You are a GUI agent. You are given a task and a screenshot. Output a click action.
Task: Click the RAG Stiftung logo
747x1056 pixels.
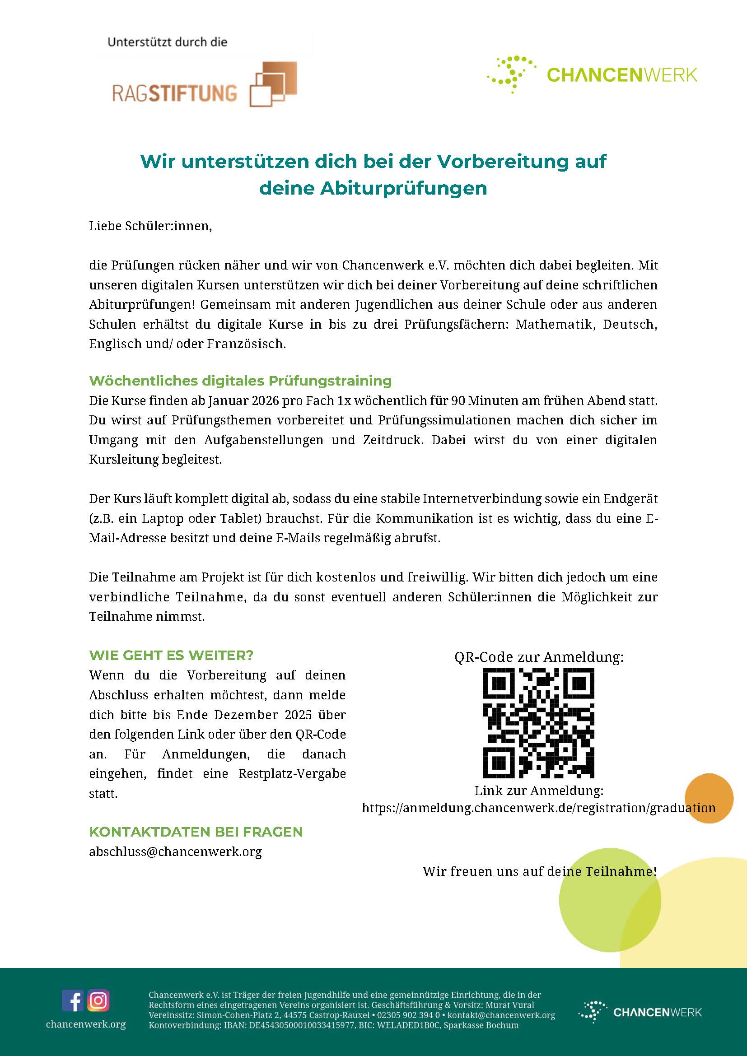pos(204,85)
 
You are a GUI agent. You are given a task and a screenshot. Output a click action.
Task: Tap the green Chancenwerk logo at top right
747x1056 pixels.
pos(592,74)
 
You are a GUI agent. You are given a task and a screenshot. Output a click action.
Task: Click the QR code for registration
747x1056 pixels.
pos(538,723)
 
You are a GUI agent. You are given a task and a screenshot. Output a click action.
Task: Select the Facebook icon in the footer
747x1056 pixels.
pos(73,1000)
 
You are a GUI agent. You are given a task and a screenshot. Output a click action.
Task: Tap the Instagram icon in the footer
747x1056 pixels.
pos(98,1000)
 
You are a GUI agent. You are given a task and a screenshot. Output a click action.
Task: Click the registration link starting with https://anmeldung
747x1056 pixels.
pos(538,808)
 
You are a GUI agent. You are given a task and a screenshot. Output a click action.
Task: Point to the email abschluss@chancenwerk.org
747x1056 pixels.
pos(175,852)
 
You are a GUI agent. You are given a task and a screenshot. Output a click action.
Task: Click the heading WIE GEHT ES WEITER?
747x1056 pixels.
pos(171,656)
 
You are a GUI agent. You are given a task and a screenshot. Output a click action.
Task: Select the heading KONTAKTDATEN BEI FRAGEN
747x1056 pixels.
pos(196,832)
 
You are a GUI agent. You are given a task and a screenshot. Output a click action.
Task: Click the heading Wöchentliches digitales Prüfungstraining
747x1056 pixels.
pos(240,381)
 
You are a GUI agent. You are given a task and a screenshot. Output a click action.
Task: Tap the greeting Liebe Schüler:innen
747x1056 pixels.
pos(150,226)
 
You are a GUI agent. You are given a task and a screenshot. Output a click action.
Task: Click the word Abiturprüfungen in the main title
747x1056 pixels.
pos(403,189)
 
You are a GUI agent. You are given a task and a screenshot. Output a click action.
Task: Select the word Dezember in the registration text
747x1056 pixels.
pos(246,715)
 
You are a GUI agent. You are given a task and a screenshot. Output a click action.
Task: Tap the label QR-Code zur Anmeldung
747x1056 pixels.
pos(539,657)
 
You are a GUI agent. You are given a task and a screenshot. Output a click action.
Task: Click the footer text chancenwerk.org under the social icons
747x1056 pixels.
pos(85,1024)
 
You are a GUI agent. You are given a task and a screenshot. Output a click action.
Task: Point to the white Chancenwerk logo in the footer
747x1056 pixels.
pos(640,1012)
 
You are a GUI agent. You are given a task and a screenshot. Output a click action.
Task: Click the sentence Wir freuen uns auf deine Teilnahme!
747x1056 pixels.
pos(539,871)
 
